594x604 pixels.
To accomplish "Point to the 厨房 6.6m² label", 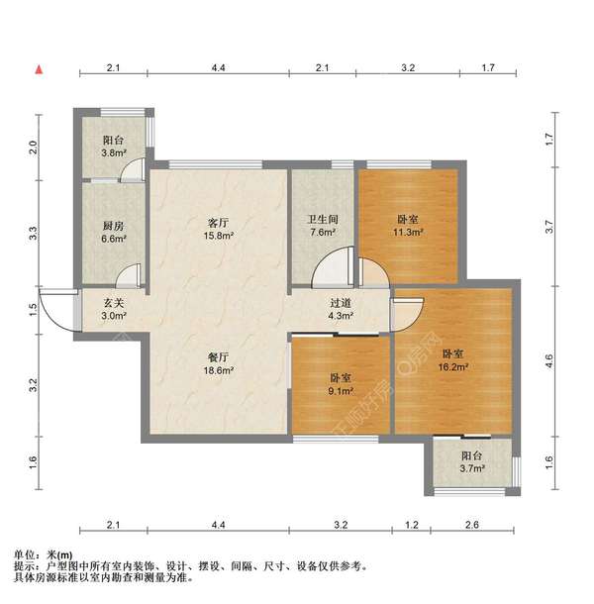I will [x=113, y=232].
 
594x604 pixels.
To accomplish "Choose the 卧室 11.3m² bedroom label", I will [x=407, y=226].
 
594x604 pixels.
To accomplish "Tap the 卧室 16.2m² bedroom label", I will [x=454, y=359].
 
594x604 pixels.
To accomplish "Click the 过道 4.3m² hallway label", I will [x=342, y=310].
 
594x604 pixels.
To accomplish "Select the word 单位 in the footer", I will [x=25, y=554].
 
